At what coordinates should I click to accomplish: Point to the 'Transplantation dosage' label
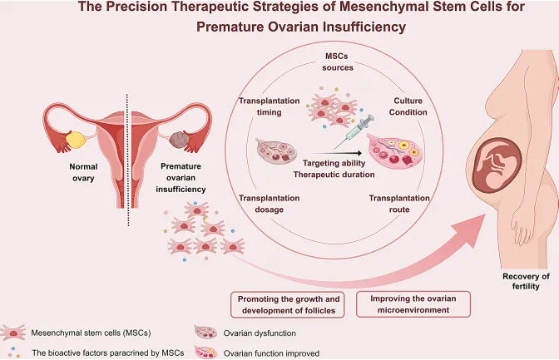pos(269,204)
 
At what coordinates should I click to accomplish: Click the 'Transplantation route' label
pos(398,204)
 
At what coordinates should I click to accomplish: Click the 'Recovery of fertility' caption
pos(527,281)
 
